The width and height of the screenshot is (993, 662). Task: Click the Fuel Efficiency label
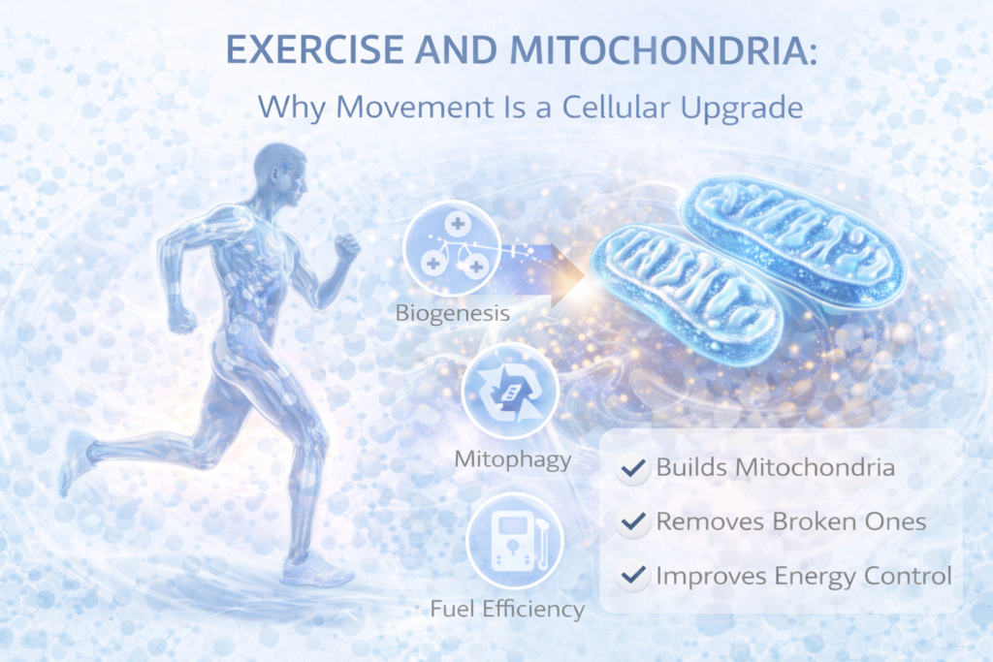508,609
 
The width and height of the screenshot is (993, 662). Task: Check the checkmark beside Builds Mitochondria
633,468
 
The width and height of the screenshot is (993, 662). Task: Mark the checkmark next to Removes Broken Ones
633,522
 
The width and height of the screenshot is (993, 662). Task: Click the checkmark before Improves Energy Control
633,577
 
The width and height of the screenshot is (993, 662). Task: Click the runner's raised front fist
346,246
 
